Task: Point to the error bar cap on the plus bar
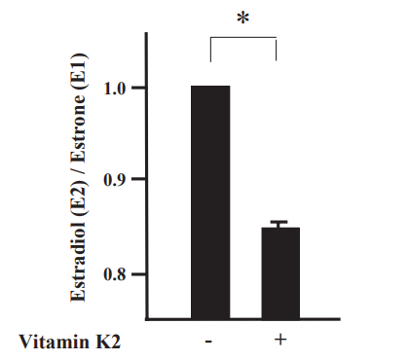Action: click(279, 222)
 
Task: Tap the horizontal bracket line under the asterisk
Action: click(244, 39)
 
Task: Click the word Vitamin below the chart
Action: click(50, 342)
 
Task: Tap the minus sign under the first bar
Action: click(210, 342)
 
